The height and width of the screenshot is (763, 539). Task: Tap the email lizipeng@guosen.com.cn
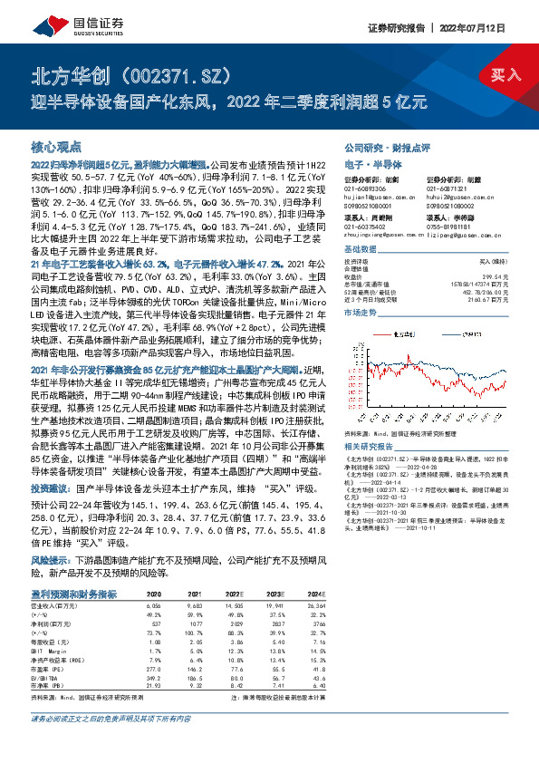point(448,235)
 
